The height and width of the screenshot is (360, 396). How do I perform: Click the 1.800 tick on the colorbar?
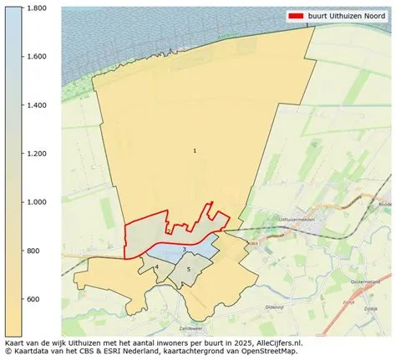tap(35, 8)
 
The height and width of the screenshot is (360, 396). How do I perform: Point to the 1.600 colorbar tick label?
tap(35, 57)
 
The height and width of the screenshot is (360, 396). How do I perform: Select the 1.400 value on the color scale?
tap(35, 105)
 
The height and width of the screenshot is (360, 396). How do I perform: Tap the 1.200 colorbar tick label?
tap(35, 154)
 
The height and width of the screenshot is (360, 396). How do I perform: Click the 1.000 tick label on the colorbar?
tap(35, 202)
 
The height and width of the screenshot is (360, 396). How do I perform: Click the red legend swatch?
tap(296, 16)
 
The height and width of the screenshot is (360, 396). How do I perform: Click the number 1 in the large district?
tap(195, 151)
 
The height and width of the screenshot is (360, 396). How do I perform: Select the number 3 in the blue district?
tap(184, 249)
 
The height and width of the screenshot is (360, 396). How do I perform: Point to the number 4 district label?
tap(156, 267)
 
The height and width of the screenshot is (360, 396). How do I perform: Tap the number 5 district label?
tap(189, 268)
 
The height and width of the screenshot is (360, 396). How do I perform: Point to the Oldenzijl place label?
tap(275, 307)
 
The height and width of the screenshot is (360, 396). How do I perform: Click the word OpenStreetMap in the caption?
tap(269, 352)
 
